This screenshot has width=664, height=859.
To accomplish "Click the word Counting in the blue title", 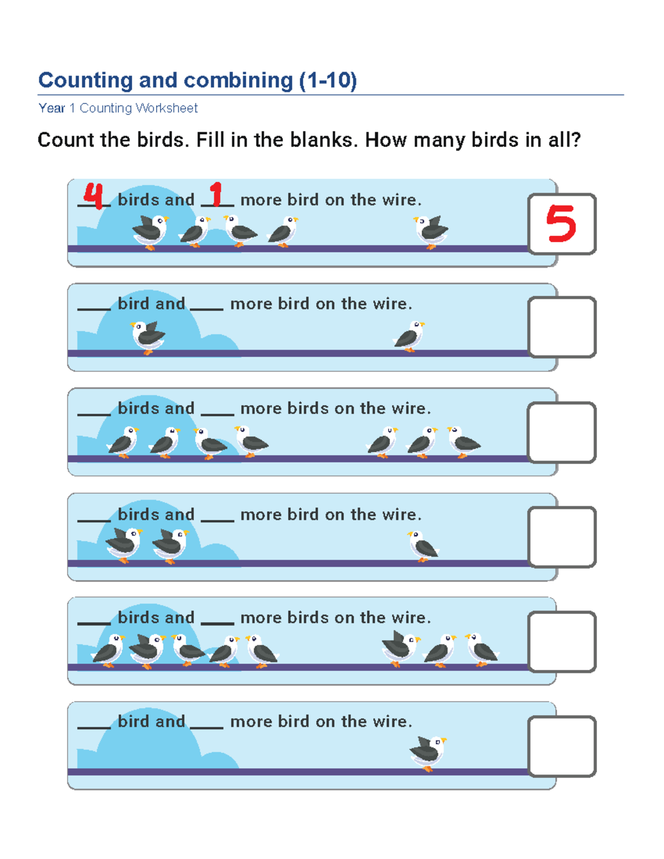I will pos(85,80).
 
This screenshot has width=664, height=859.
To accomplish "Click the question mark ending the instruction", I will pos(575,140).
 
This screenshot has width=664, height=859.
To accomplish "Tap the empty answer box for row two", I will pos(562,327).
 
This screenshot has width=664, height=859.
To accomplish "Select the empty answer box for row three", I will pos(562,432).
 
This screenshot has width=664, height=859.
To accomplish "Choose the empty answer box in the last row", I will pos(562,746).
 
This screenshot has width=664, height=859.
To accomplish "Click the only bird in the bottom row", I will pos(428,752).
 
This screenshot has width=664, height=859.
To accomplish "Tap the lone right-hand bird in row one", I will pos(431,231).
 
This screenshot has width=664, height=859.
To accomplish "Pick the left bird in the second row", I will pos(148,336).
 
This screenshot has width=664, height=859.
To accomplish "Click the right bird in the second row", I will pos(409,335).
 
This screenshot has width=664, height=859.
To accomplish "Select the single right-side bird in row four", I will pos(423,546).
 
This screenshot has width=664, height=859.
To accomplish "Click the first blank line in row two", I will pos(94,308).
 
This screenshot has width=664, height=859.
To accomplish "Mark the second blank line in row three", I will pos(217,413).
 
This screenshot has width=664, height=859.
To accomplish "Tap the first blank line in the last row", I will pos(94,726).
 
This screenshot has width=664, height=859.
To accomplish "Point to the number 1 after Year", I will pos(72,108).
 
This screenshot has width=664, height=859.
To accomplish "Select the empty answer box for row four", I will pos(562,537).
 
